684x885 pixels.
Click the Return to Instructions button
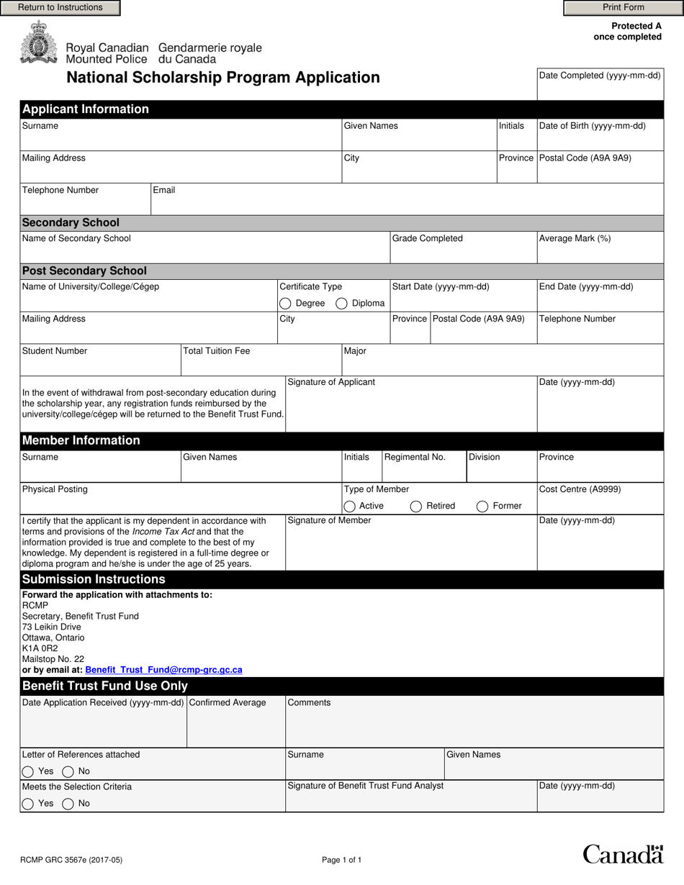(60, 8)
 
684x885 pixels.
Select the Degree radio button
(286, 304)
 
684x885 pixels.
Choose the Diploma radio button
(342, 304)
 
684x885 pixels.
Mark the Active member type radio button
(350, 507)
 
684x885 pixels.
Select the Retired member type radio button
(416, 507)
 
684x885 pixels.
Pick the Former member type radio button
(482, 507)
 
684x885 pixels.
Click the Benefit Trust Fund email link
(163, 670)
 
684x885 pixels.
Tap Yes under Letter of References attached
(28, 772)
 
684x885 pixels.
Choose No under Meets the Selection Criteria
(68, 804)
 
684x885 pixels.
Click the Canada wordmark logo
(622, 854)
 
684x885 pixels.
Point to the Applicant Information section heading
(86, 109)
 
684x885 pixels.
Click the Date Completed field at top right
(600, 89)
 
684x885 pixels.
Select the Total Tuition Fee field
(261, 365)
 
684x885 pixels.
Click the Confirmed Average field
(236, 727)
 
